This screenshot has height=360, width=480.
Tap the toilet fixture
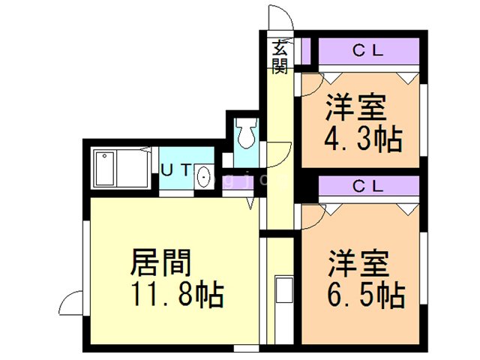click(245, 135)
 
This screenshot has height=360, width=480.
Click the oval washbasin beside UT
click(203, 178)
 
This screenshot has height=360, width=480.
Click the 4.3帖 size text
click(363, 139)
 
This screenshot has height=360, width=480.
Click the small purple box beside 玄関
click(306, 52)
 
